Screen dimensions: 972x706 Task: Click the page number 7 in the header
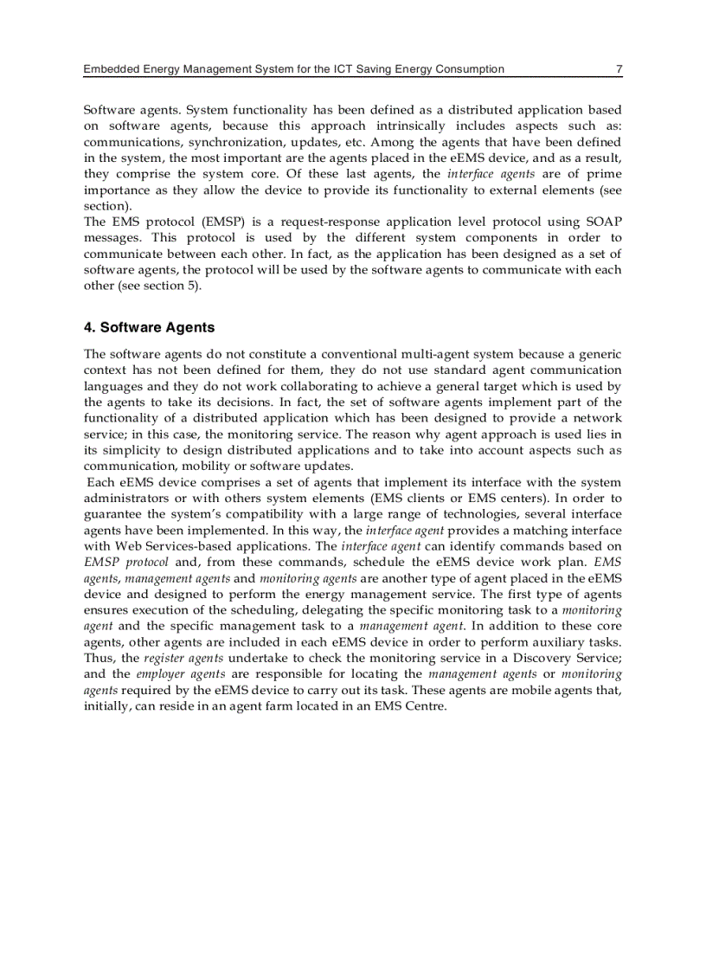[618, 69]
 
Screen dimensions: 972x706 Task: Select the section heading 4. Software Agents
[149, 327]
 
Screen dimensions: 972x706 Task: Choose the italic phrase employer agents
[180, 674]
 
